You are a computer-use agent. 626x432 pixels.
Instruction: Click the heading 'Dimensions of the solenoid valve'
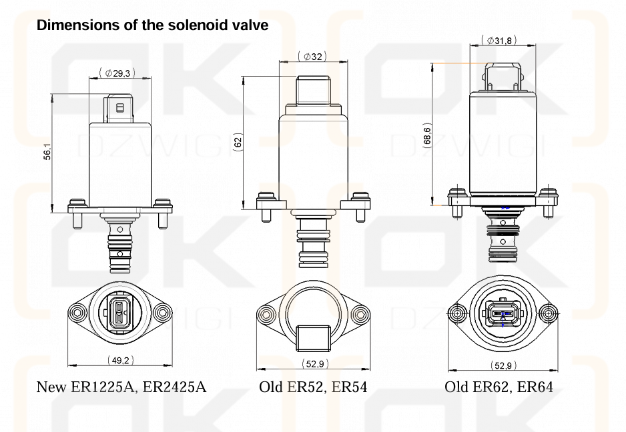pos(153,26)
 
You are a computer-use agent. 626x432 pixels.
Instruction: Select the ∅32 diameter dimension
pos(312,57)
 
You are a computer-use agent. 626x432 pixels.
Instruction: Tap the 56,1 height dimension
pos(47,153)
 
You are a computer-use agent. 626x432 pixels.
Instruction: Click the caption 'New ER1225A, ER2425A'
pos(121,387)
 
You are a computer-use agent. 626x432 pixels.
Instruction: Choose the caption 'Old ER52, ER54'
pos(313,387)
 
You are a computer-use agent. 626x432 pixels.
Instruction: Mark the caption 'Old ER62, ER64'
pos(499,387)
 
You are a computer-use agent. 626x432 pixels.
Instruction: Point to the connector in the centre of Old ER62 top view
pos(503,312)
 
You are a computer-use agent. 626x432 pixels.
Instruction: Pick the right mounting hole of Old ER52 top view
pos(360,313)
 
